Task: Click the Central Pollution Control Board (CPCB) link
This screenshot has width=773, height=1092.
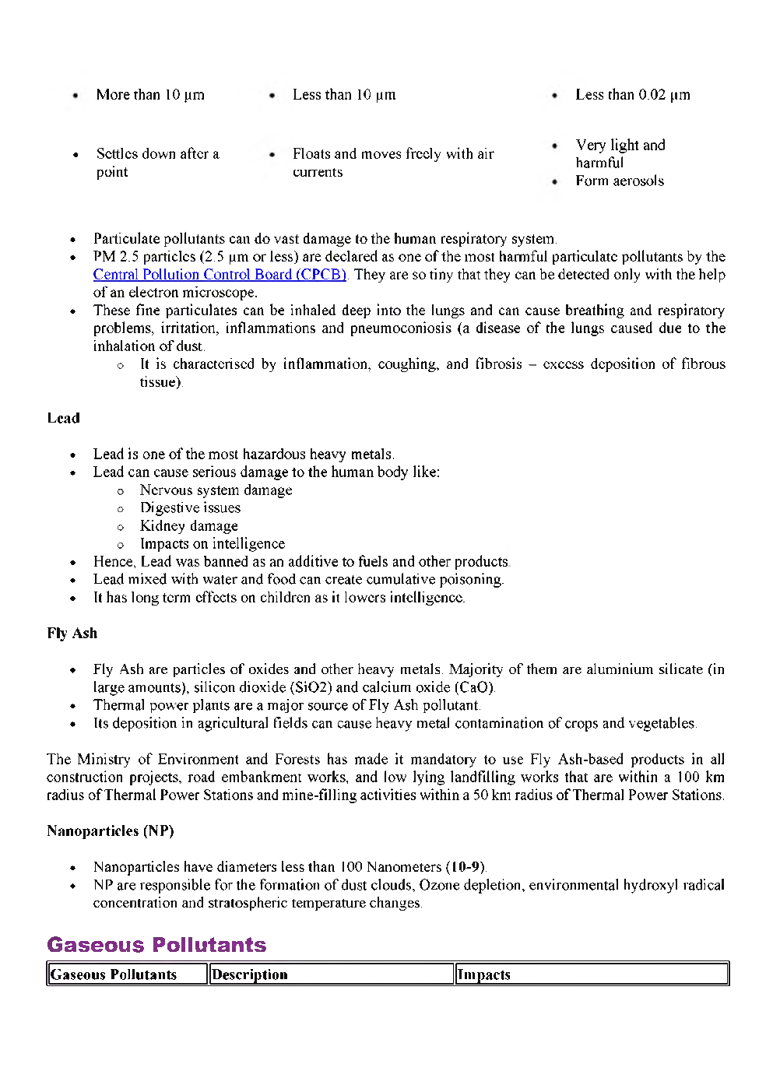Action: pyautogui.click(x=220, y=275)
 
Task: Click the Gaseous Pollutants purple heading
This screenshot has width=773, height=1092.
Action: pyautogui.click(x=156, y=945)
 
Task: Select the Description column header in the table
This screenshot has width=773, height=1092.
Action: pyautogui.click(x=250, y=974)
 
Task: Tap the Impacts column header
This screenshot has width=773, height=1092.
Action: pyautogui.click(x=484, y=974)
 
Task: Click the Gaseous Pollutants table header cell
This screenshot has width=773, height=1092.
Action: pyautogui.click(x=114, y=974)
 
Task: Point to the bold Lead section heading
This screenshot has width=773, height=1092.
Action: pyautogui.click(x=63, y=418)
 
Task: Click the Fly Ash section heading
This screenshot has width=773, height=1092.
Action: pyautogui.click(x=72, y=634)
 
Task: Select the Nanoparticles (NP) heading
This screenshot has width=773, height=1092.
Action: pyautogui.click(x=110, y=831)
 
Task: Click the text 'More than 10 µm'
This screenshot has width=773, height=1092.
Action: pyautogui.click(x=150, y=95)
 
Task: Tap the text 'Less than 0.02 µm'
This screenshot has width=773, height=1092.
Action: pyautogui.click(x=632, y=95)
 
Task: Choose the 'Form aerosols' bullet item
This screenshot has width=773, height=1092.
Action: pyautogui.click(x=620, y=181)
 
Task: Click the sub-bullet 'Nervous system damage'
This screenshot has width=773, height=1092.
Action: pyautogui.click(x=216, y=490)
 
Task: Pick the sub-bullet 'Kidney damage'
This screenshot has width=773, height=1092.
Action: pyautogui.click(x=188, y=526)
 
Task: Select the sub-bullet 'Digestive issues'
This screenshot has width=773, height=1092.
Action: pyautogui.click(x=190, y=508)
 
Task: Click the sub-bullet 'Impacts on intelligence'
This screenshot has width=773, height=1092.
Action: pyautogui.click(x=212, y=544)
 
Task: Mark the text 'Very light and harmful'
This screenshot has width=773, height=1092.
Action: pyautogui.click(x=620, y=154)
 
